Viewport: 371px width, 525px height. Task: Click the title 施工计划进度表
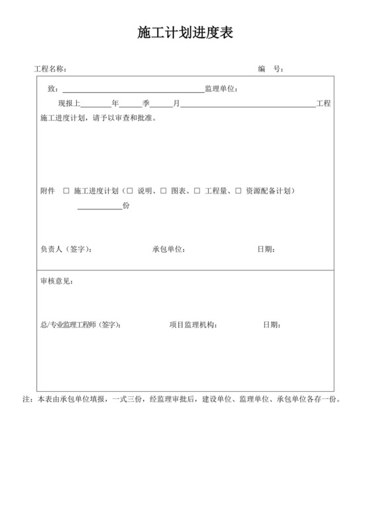185,34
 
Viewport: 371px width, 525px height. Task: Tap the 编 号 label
270,69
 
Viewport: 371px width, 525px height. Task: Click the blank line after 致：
132,88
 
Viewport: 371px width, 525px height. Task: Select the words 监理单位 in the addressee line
220,89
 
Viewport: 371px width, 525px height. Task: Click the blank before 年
96,103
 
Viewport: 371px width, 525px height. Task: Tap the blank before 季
129,103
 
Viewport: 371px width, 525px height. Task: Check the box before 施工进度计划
66,191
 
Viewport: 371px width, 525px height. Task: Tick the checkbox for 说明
130,191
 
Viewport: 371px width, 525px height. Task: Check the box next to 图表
163,191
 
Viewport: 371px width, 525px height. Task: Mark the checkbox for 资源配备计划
238,191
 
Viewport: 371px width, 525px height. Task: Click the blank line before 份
99,206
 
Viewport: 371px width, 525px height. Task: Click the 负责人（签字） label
66,250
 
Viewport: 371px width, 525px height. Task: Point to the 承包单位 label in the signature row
168,250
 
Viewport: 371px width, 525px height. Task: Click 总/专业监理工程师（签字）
80,325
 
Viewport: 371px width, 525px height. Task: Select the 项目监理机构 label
193,325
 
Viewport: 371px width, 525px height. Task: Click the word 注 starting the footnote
26,400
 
